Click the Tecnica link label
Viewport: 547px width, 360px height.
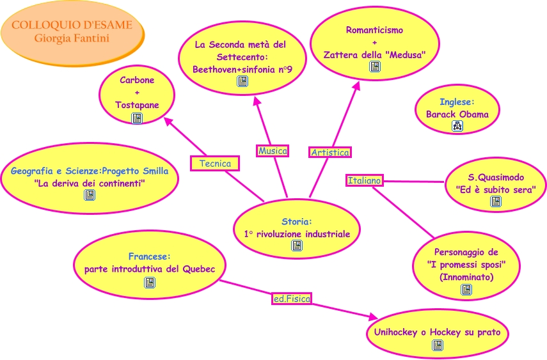(215, 164)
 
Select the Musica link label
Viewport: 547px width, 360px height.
(273, 151)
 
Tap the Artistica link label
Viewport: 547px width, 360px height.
(330, 152)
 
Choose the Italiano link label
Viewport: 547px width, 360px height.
(364, 181)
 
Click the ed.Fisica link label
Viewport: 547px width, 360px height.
(292, 298)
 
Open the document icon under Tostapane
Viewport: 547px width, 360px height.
(137, 118)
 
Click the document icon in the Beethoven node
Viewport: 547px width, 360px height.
(242, 81)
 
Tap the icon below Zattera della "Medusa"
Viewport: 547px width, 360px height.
(375, 67)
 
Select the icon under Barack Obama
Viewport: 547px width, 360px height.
(457, 127)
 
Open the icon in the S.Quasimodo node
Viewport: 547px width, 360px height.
(496, 201)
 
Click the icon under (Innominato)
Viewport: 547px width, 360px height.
(466, 290)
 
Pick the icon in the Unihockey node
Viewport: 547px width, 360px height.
(438, 345)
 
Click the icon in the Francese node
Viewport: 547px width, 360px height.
(150, 282)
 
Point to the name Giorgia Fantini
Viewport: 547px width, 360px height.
(72, 38)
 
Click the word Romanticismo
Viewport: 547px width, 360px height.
(375, 30)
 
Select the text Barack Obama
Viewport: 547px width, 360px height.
(457, 114)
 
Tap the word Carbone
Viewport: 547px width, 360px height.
(137, 81)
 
